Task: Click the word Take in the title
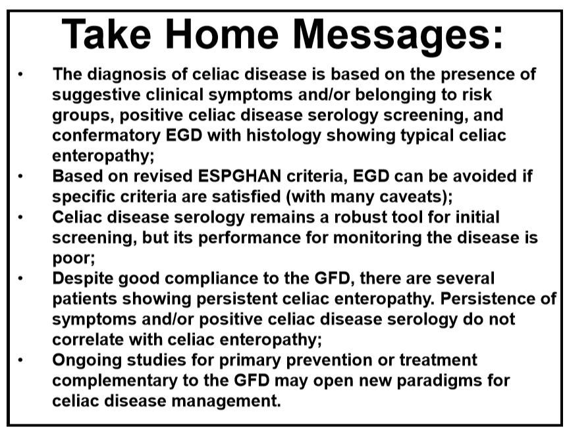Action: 106,34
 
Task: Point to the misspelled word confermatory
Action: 106,136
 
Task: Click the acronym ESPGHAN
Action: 240,177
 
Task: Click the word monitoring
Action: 377,239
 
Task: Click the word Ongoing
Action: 87,361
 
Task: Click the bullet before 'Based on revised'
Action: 20,177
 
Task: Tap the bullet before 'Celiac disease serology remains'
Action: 20,217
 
